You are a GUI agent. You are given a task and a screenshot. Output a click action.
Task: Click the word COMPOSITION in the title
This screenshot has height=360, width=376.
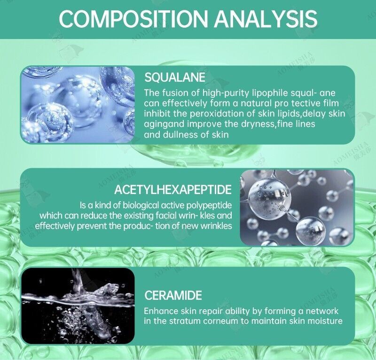133,19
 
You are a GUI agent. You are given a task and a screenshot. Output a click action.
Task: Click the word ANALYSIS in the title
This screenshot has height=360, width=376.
266,19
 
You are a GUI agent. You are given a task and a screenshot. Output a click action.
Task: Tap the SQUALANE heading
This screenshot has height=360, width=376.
175,77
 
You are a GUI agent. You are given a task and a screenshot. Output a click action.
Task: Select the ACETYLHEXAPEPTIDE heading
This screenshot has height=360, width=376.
172,189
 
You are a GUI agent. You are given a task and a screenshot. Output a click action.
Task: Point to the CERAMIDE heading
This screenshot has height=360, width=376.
173,295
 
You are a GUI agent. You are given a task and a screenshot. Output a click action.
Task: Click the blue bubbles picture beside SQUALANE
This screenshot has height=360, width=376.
78,105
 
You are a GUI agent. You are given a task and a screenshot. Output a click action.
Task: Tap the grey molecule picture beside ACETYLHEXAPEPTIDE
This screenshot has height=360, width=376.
297,208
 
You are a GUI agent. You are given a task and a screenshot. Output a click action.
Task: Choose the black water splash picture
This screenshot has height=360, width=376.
78,306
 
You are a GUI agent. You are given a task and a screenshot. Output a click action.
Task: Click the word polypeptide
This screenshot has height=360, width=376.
209,205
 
